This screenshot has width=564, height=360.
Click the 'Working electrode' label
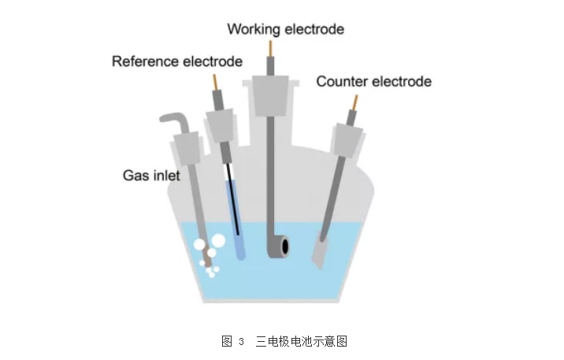click(x=285, y=29)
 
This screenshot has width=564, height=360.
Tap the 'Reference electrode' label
click(x=176, y=61)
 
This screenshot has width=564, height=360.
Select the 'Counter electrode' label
click(x=373, y=81)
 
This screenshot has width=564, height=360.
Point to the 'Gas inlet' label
click(x=151, y=175)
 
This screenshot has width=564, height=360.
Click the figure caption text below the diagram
click(x=284, y=341)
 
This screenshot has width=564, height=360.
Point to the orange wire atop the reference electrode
click(x=215, y=82)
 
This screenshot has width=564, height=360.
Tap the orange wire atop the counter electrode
click(x=354, y=102)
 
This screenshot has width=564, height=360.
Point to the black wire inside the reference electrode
click(x=233, y=189)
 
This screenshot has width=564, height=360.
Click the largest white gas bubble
click(x=218, y=240)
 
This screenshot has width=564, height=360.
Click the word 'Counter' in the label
click(x=340, y=81)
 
